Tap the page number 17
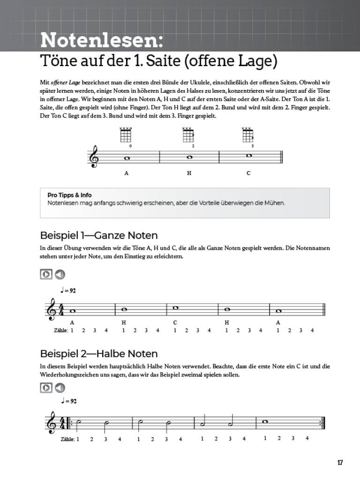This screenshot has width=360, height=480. click(340, 463)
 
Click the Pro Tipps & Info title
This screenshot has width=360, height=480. click(69, 195)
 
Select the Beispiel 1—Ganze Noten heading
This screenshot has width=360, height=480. click(99, 235)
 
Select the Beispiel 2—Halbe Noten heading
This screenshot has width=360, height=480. click(99, 353)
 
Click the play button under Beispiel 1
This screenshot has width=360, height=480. click(46, 275)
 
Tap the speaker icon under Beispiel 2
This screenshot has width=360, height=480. click(60, 388)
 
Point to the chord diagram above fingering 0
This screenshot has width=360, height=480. click(126, 135)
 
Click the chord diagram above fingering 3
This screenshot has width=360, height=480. click(247, 135)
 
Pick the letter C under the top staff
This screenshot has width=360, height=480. click(248, 173)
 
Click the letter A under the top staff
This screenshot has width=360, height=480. click(126, 173)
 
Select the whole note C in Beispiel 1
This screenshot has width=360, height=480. click(175, 307)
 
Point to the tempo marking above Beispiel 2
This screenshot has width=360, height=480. click(68, 401)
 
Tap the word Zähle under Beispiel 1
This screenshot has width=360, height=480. click(61, 330)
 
